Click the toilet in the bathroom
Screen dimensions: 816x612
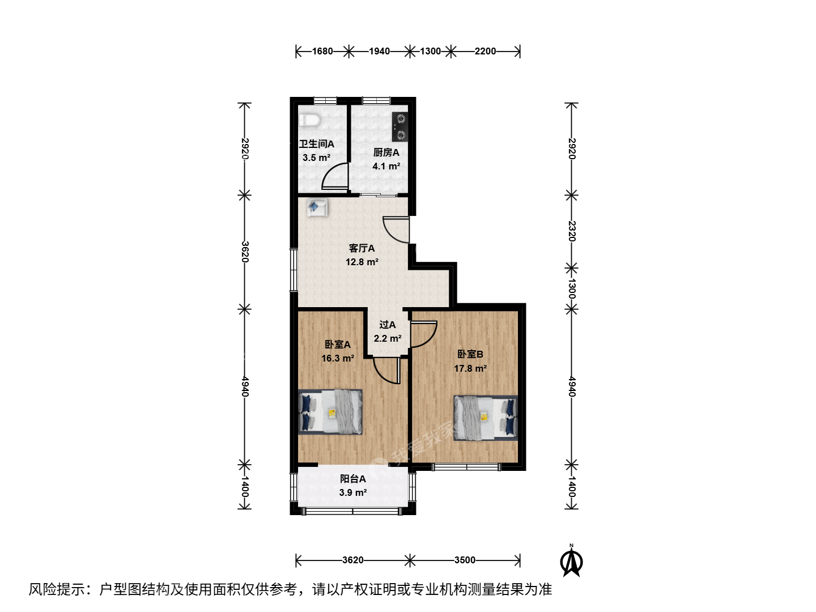tap(309, 120)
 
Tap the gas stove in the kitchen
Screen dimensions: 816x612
tap(400, 127)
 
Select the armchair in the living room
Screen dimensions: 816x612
tap(317, 207)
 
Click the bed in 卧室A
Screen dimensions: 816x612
tap(330, 412)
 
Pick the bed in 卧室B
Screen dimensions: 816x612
tap(486, 418)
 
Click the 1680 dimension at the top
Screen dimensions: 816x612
tap(322, 51)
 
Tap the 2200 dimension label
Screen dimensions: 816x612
tap(485, 51)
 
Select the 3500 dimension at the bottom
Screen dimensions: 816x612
tap(465, 560)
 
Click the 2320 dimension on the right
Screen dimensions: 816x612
tap(572, 231)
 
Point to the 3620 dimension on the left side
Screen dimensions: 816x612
tap(245, 252)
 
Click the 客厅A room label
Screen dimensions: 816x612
tap(362, 248)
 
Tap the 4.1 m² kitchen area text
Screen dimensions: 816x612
tap(386, 166)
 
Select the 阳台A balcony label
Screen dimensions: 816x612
tap(353, 479)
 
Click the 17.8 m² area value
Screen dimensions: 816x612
tap(470, 368)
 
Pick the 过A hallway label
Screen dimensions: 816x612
tap(388, 325)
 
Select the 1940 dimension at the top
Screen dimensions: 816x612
tap(379, 51)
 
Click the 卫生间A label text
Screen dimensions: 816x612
tap(316, 144)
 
